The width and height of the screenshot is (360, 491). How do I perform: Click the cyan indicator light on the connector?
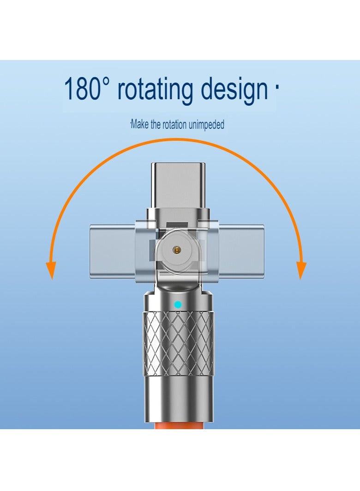coord(178,304)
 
